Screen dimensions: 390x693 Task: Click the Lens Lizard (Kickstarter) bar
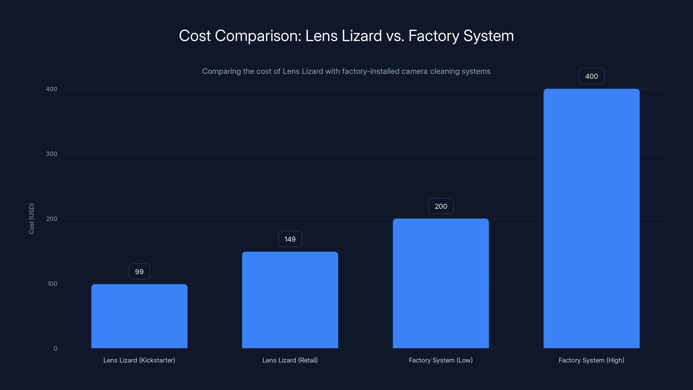point(139,316)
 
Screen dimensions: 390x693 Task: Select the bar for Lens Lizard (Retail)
point(290,300)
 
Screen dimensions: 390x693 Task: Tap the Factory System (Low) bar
point(441,283)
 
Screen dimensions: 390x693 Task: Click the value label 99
point(139,271)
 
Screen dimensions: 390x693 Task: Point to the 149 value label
point(290,239)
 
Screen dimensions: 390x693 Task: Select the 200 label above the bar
point(441,206)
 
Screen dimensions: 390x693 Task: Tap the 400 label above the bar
point(592,76)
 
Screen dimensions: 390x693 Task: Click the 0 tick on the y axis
point(55,349)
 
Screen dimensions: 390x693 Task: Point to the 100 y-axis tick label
point(52,284)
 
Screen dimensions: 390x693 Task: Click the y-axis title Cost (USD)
point(31,219)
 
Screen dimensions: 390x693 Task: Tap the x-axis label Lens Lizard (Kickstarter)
point(139,360)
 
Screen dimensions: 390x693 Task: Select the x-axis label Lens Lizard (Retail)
point(290,360)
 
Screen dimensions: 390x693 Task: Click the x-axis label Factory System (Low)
point(441,360)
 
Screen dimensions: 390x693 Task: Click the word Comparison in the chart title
point(258,36)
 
